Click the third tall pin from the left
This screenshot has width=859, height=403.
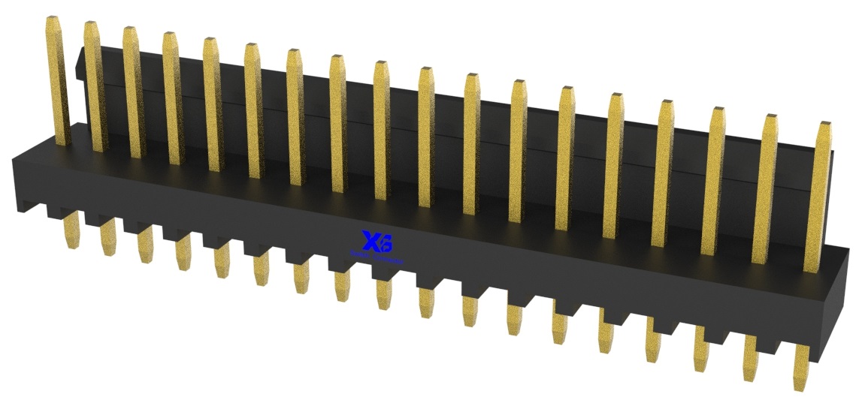click(133, 94)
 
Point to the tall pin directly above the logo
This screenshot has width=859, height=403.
click(382, 135)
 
